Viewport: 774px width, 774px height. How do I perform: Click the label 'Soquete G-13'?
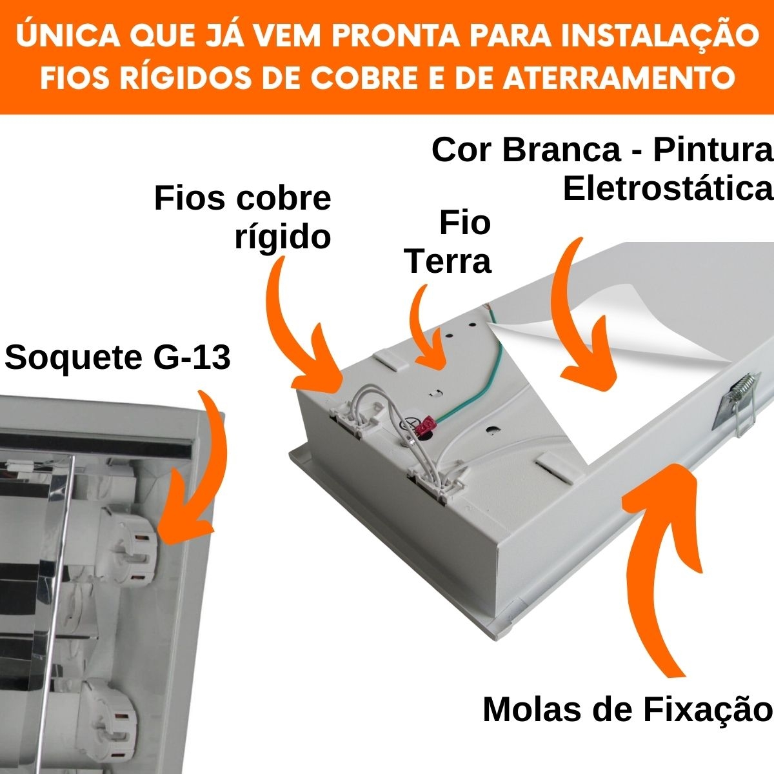click(x=117, y=357)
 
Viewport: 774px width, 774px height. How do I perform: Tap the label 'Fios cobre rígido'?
click(x=243, y=217)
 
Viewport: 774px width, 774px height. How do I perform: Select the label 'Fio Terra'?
click(x=449, y=242)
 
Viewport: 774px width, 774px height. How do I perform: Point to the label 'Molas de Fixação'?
click(x=627, y=709)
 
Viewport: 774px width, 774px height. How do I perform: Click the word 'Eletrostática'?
click(x=668, y=189)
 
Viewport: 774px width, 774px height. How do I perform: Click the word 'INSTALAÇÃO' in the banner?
click(x=657, y=37)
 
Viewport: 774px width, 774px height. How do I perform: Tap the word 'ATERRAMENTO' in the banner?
click(x=618, y=78)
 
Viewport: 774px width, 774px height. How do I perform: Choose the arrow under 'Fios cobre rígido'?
click(x=303, y=335)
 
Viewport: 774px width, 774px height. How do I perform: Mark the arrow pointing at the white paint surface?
click(x=584, y=322)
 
